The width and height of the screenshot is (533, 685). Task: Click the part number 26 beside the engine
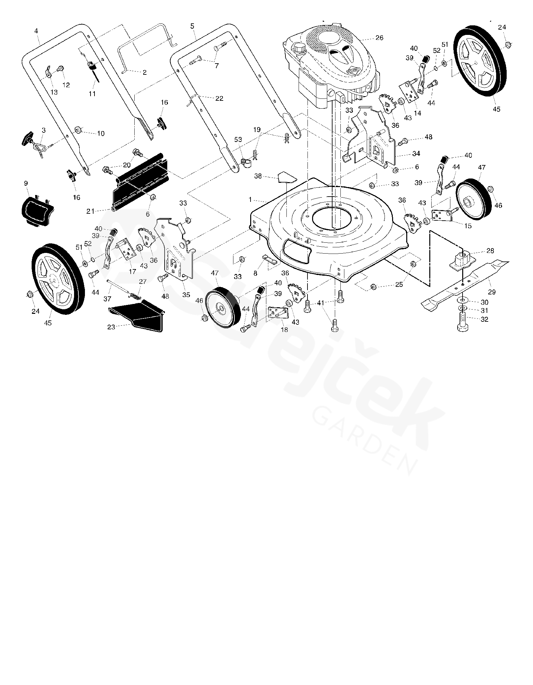[x=379, y=38]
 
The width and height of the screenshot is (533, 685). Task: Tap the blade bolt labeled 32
[x=463, y=320]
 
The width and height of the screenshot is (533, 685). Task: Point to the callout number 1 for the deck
[x=250, y=200]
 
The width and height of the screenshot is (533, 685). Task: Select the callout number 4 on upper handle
[x=36, y=31]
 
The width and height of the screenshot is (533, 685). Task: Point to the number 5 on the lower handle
[x=192, y=25]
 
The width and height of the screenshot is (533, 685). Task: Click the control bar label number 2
[x=145, y=72]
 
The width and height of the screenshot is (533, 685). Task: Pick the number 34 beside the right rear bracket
[x=416, y=154]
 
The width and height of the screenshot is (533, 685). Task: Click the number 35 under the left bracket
[x=186, y=295]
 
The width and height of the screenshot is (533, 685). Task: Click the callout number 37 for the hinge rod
[x=108, y=299]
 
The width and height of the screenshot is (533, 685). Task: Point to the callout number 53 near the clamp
[x=238, y=140]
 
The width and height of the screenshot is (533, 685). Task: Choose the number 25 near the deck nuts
[x=399, y=285]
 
